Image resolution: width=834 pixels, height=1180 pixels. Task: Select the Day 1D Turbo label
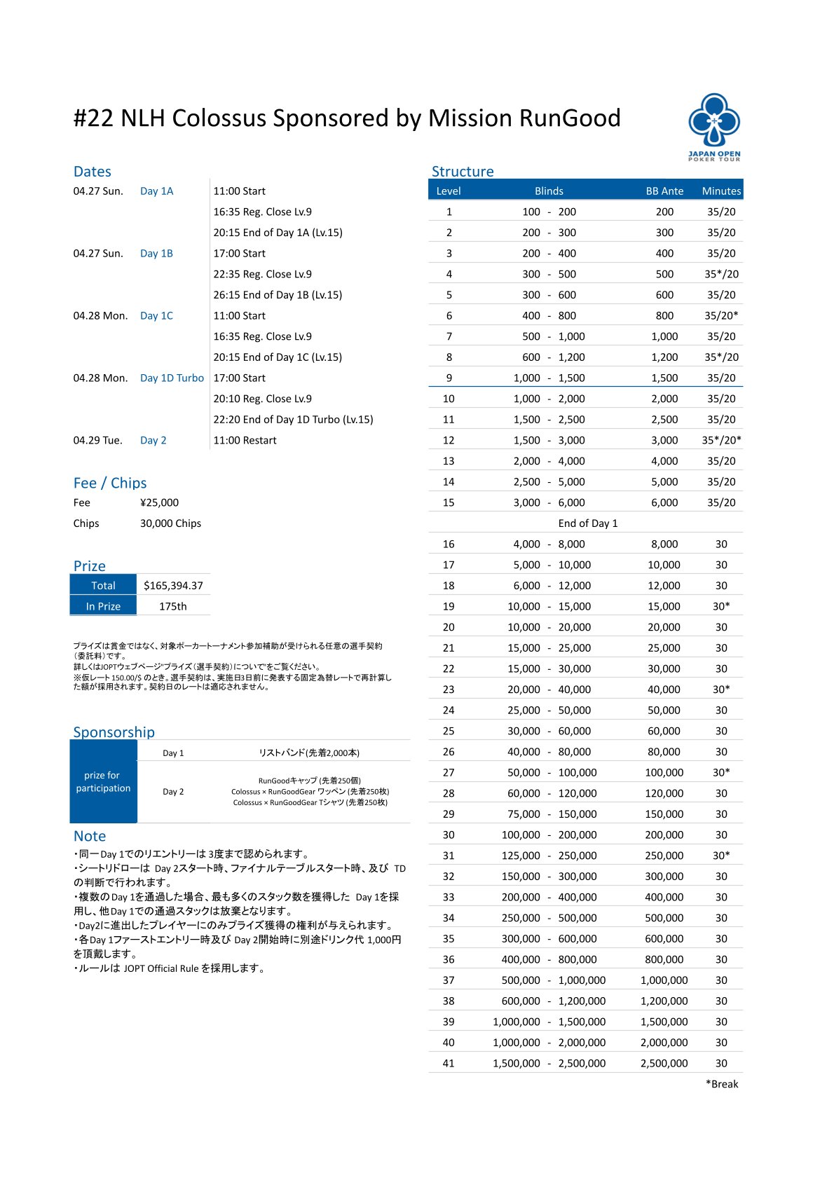(172, 378)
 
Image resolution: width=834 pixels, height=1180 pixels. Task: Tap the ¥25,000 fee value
(159, 502)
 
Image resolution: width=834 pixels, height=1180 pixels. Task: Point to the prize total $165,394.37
(173, 586)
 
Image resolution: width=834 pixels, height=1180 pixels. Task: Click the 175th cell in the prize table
(173, 607)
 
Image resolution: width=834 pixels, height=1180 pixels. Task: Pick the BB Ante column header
(664, 191)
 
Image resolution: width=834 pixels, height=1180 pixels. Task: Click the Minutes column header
(721, 191)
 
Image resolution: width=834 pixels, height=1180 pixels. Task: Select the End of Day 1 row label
(587, 523)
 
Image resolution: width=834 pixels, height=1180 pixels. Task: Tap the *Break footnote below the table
(722, 1084)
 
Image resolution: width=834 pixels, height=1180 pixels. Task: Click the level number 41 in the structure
(449, 1064)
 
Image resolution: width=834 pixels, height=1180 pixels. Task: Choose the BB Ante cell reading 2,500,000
(664, 1064)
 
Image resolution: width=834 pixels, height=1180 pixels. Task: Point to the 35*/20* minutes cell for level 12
(721, 441)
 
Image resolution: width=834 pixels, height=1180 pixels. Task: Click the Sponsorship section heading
(114, 732)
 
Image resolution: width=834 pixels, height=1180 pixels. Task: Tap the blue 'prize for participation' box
(103, 782)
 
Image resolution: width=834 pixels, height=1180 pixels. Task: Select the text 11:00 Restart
(245, 441)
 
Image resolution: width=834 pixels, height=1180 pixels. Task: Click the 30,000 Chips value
(170, 523)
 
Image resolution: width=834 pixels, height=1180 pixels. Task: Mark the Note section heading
(90, 836)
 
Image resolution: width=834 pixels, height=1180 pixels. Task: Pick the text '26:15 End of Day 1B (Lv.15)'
(278, 295)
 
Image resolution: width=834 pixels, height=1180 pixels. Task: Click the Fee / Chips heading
(110, 483)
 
